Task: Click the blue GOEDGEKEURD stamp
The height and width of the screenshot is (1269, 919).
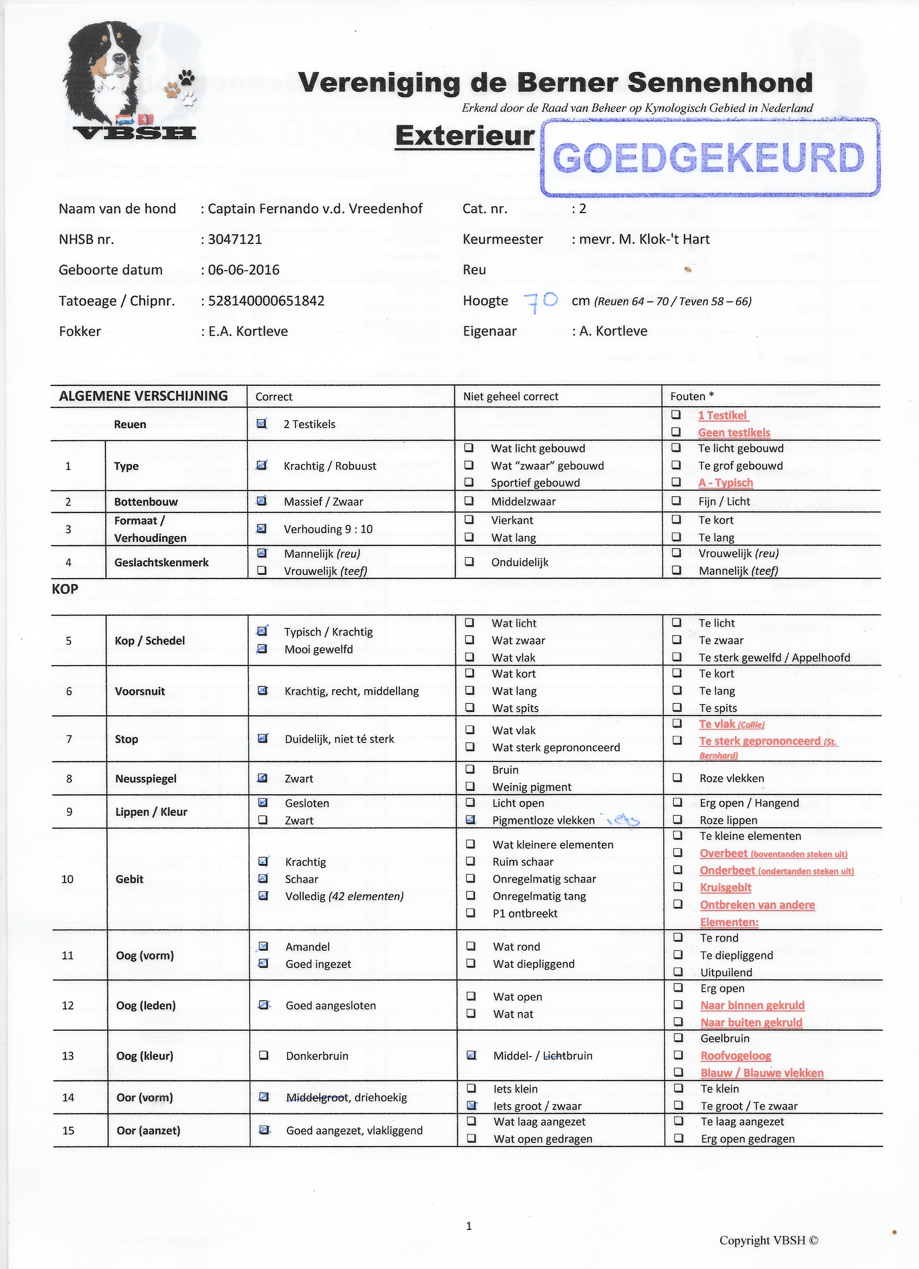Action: (x=709, y=158)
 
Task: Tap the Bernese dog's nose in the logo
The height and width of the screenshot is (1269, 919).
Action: (x=120, y=57)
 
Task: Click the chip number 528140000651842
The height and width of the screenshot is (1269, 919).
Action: (x=266, y=301)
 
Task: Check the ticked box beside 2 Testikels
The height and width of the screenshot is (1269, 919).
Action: (x=261, y=424)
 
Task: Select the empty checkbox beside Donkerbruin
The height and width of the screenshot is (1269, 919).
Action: (x=263, y=1055)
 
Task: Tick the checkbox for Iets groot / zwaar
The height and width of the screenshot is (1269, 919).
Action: (x=471, y=1105)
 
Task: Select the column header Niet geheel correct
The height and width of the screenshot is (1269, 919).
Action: (x=510, y=396)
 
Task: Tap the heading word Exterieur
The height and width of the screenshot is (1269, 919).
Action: (x=464, y=136)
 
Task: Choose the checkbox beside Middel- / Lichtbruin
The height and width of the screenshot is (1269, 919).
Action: (x=471, y=1055)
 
